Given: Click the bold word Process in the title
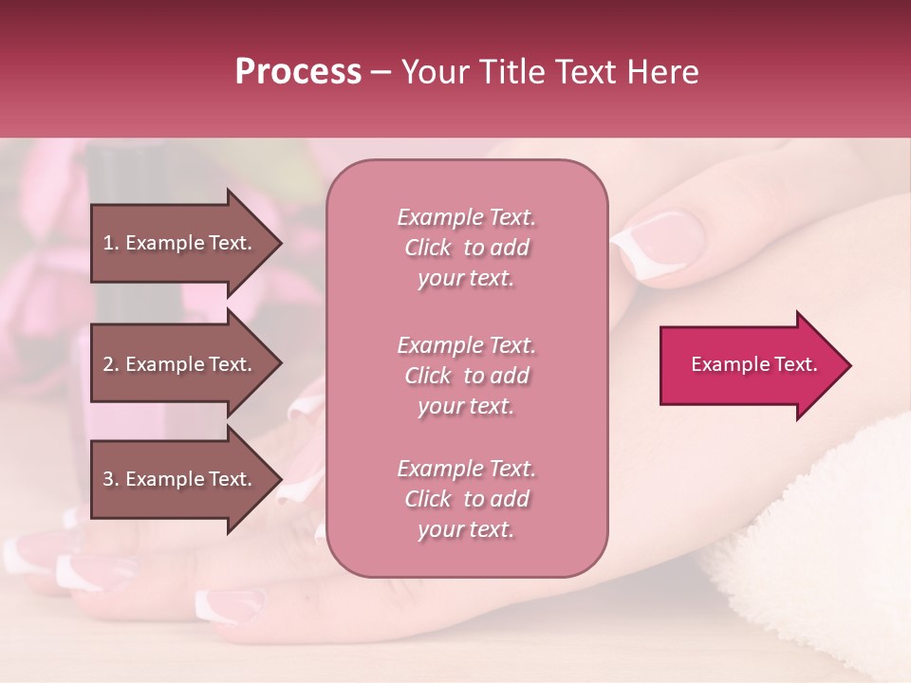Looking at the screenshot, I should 298,72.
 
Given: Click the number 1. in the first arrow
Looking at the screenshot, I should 111,243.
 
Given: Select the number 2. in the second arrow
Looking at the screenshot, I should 111,364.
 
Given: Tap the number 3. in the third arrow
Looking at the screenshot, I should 111,479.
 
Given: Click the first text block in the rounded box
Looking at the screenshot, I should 466,248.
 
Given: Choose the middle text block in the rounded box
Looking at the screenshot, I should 466,376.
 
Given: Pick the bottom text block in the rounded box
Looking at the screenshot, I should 466,499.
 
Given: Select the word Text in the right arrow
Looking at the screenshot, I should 794,364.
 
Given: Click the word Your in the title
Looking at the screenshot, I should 436,72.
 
